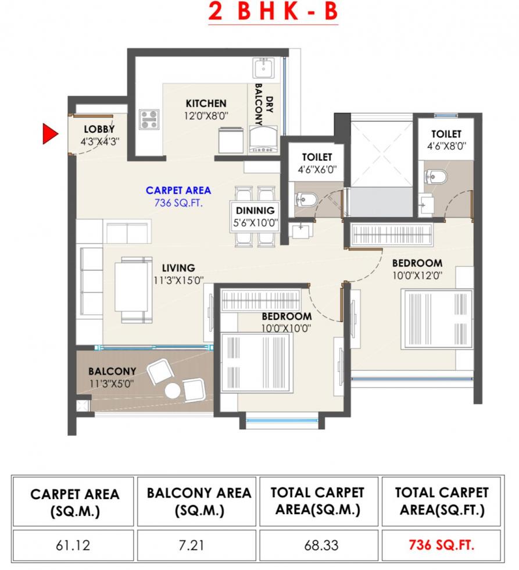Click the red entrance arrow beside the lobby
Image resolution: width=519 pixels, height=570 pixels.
50,134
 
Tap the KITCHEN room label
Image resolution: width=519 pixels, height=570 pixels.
206,104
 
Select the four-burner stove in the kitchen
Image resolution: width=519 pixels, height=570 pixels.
149,119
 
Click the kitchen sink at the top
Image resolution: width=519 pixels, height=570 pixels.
264,68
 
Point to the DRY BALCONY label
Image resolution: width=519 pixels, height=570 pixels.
264,104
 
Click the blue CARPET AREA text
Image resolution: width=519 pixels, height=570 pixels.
178,190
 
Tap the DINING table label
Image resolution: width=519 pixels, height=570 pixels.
255,211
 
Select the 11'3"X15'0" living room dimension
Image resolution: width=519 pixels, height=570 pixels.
178,280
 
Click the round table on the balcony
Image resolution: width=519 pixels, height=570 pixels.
173,390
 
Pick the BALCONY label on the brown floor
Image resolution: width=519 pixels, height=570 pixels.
112,371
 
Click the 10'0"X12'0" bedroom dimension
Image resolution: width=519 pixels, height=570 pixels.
417,276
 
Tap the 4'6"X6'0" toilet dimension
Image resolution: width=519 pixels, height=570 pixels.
317,169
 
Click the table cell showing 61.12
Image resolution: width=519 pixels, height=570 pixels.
73,546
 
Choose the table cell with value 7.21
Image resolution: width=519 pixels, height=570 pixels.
196,546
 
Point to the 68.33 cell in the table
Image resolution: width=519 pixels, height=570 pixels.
318,546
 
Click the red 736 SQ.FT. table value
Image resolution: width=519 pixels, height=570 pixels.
441,545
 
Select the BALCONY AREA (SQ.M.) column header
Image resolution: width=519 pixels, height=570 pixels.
199,501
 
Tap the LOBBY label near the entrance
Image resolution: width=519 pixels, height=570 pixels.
99,129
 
